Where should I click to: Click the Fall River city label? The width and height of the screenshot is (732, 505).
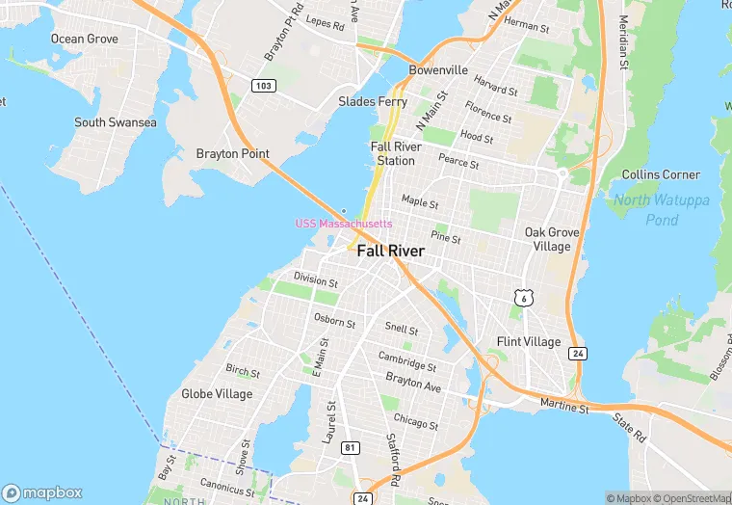(x=390, y=251)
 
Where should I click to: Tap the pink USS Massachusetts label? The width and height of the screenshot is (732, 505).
(x=344, y=224)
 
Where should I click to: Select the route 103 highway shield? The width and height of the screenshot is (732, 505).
(x=263, y=86)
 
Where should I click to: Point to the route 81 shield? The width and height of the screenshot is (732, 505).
(x=351, y=447)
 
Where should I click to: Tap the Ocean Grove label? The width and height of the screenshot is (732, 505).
(x=85, y=40)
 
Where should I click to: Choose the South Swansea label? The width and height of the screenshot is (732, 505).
(x=116, y=122)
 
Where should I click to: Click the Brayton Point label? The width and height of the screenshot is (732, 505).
(x=232, y=153)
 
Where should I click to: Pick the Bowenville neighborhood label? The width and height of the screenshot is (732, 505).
(x=438, y=70)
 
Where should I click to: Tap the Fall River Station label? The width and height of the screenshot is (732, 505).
(x=393, y=153)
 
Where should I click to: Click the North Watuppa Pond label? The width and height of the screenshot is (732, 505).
(x=660, y=210)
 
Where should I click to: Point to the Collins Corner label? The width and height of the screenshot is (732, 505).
(x=661, y=174)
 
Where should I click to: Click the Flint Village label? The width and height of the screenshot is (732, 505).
(x=528, y=342)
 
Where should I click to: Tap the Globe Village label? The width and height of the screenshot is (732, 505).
(x=217, y=394)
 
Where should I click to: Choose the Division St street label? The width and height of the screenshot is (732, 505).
(x=316, y=281)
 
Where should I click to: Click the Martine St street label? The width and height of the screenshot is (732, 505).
(x=563, y=407)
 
